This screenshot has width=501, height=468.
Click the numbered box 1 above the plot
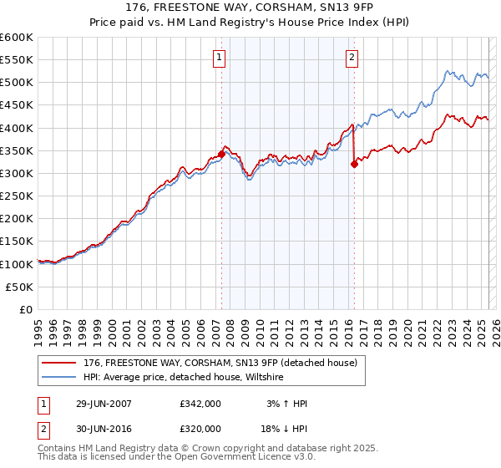pyautogui.click(x=219, y=58)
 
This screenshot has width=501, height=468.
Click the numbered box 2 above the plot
pyautogui.click(x=352, y=58)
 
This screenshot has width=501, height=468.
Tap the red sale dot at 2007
pyautogui.click(x=221, y=155)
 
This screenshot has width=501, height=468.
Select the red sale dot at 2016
pyautogui.click(x=354, y=165)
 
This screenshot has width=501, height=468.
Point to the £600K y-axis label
pyautogui.click(x=16, y=38)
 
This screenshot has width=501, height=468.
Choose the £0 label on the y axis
pyautogui.click(x=26, y=309)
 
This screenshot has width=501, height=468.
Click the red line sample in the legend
pyautogui.click(x=59, y=363)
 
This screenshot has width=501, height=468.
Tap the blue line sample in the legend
pyautogui.click(x=59, y=378)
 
